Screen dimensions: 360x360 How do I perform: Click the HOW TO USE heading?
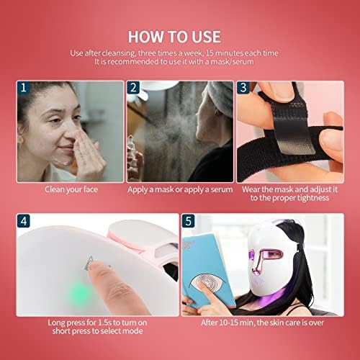pos(179,35)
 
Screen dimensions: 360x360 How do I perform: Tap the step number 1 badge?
pos(24,88)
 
